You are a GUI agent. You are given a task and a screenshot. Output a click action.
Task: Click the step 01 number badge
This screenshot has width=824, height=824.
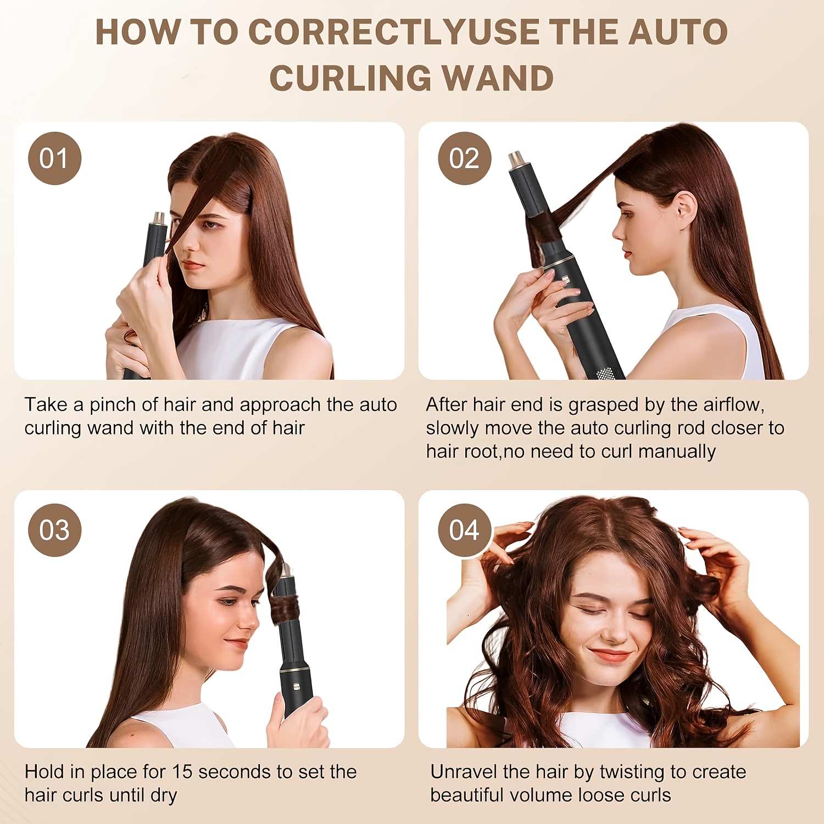[54, 158]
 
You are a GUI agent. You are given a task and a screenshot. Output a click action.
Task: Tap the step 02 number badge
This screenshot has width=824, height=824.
[464, 158]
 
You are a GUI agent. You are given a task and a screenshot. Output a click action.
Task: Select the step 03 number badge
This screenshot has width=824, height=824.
[54, 530]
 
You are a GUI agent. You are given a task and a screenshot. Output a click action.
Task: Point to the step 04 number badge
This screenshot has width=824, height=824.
[464, 530]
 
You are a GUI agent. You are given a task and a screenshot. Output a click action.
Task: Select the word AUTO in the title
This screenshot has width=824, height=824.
[678, 32]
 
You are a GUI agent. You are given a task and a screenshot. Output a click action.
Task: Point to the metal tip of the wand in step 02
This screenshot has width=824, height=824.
[516, 159]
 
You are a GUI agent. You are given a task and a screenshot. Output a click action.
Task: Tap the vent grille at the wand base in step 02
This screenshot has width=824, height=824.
[605, 374]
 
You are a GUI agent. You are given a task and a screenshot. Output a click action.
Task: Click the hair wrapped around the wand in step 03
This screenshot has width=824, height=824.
[284, 610]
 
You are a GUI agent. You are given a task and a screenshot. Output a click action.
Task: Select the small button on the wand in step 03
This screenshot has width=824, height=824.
[296, 686]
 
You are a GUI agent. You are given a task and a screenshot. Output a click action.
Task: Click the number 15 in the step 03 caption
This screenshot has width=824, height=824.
[182, 772]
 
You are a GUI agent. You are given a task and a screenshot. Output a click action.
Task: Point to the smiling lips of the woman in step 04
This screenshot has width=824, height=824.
[610, 655]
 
